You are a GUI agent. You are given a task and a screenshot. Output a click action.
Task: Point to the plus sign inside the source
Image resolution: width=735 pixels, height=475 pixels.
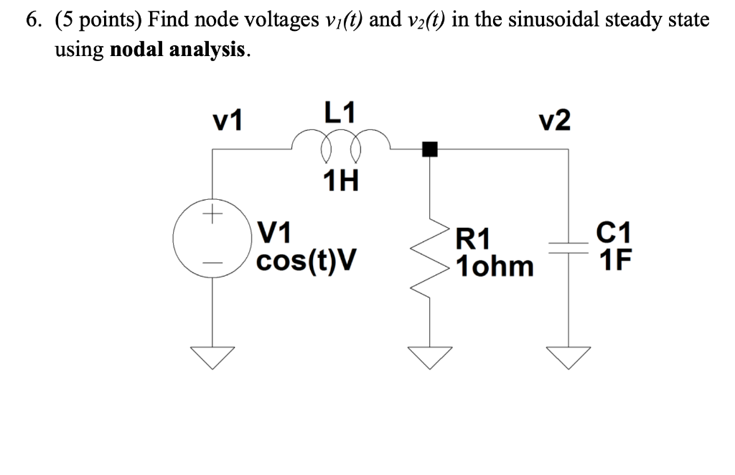click(x=212, y=214)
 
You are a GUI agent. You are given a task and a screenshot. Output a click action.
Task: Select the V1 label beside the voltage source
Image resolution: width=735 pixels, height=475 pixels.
click(x=274, y=232)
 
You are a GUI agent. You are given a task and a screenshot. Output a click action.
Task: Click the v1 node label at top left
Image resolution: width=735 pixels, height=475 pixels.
click(x=228, y=121)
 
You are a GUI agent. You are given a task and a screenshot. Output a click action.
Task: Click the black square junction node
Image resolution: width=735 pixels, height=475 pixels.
click(x=429, y=149)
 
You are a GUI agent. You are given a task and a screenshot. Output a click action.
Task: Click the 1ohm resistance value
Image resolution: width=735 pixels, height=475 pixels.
click(x=495, y=266)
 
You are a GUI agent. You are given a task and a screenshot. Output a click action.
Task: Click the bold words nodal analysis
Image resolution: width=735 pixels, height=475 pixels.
click(x=179, y=50)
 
